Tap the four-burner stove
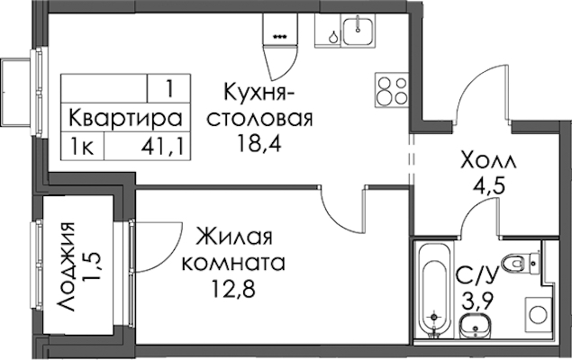[392, 90]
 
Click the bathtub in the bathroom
[433, 289]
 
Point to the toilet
[520, 262]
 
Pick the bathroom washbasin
[475, 327]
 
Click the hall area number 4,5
[488, 186]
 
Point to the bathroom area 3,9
[478, 301]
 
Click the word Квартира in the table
[125, 119]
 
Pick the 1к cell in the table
[83, 148]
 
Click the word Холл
[489, 161]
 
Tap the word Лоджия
[67, 266]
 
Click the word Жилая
[234, 237]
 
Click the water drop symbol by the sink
[333, 37]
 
